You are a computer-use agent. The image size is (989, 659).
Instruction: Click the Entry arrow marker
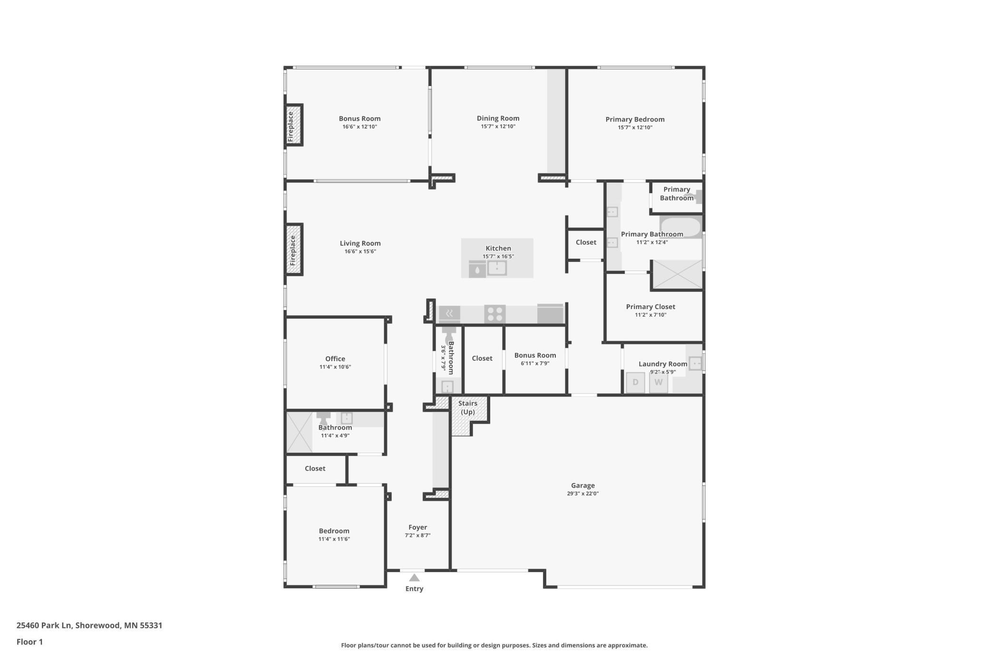click(414, 578)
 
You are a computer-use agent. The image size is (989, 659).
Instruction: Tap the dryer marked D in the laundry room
click(635, 383)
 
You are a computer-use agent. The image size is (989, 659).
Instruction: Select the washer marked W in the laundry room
click(659, 383)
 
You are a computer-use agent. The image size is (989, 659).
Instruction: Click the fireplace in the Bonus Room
click(294, 125)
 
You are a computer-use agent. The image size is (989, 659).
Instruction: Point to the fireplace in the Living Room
click(294, 250)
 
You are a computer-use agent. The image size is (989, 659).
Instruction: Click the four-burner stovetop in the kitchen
click(494, 314)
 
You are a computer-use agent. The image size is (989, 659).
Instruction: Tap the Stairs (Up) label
click(468, 407)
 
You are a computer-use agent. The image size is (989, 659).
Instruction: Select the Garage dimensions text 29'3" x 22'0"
click(582, 494)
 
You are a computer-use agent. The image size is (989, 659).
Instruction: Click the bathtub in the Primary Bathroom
click(680, 226)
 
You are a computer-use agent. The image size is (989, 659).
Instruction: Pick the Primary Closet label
click(650, 307)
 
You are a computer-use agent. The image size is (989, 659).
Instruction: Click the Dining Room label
click(498, 118)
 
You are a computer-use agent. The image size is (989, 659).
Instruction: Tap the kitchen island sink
click(497, 268)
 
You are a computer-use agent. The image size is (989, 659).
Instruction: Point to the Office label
click(335, 359)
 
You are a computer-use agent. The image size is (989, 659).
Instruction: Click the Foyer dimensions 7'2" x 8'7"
click(417, 535)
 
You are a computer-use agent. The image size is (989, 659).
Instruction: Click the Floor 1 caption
click(29, 642)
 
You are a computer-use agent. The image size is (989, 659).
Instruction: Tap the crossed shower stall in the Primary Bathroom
click(677, 274)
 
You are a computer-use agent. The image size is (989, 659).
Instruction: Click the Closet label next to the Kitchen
click(586, 242)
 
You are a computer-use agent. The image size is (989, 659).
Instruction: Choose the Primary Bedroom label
click(635, 119)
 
